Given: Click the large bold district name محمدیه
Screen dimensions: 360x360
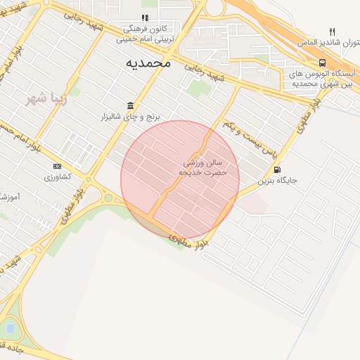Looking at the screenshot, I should point(148,63).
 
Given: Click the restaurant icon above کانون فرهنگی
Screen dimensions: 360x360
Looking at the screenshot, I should point(145,18).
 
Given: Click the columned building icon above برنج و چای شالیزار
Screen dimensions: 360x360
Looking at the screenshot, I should point(131,105).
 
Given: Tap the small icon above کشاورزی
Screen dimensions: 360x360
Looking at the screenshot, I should point(56,166).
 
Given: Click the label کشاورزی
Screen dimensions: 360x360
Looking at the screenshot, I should point(58,176).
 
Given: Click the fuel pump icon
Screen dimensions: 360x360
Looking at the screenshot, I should point(277,169).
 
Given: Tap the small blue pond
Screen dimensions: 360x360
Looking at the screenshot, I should point(10,327).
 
